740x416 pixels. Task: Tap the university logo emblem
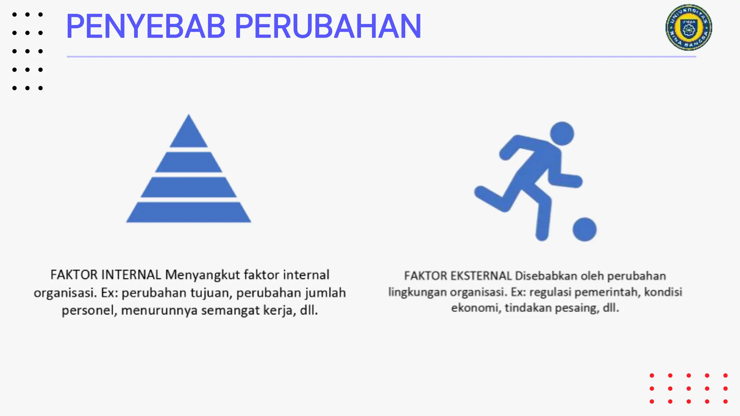pyautogui.click(x=689, y=27)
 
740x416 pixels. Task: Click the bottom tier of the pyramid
pyautogui.click(x=189, y=212)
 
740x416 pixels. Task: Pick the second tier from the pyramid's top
pyautogui.click(x=189, y=162)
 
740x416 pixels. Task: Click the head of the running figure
pyautogui.click(x=562, y=134)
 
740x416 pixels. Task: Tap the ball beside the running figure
pyautogui.click(x=584, y=229)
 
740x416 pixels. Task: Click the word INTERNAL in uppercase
pyautogui.click(x=131, y=275)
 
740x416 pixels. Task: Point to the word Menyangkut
pyautogui.click(x=202, y=275)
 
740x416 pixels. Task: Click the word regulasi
pyautogui.click(x=550, y=292)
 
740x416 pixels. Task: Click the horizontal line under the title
pyautogui.click(x=381, y=57)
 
